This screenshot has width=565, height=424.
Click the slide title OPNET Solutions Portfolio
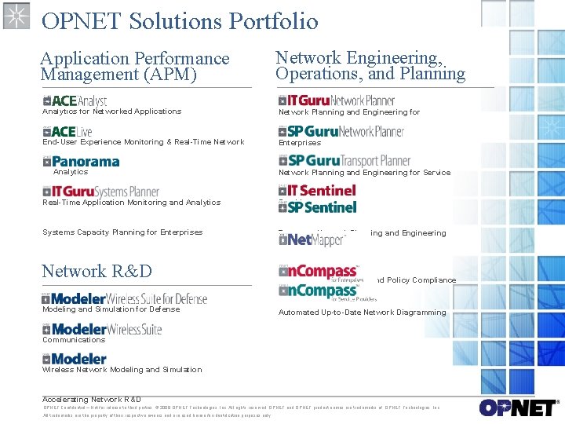point(180,20)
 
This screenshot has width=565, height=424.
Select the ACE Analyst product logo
point(75,101)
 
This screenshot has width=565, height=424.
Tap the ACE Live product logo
point(68,131)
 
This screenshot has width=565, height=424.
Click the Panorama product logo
point(81,162)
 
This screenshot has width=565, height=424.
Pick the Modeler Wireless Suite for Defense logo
point(125,298)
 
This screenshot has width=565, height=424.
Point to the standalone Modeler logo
point(75,359)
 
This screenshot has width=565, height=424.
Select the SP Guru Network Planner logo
point(341,131)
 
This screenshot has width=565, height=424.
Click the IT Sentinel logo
point(317,190)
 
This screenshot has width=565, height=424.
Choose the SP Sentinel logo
point(317,207)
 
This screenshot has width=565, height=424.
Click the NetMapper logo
point(312,239)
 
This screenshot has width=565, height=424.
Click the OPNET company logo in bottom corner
point(517,408)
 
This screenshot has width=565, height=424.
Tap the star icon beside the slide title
point(16,16)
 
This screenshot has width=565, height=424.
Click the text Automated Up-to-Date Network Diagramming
point(362,313)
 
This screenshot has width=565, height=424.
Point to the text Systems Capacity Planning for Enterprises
point(122,232)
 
